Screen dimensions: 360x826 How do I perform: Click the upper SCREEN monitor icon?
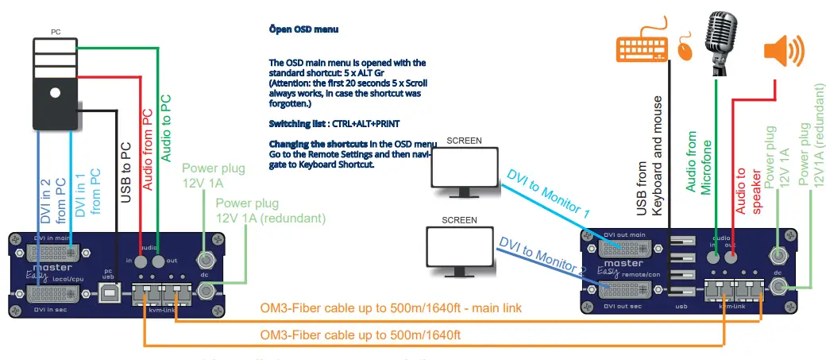(463, 171)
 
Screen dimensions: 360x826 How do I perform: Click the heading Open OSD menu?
(305, 29)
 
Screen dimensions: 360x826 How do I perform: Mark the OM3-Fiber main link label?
(391, 308)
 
